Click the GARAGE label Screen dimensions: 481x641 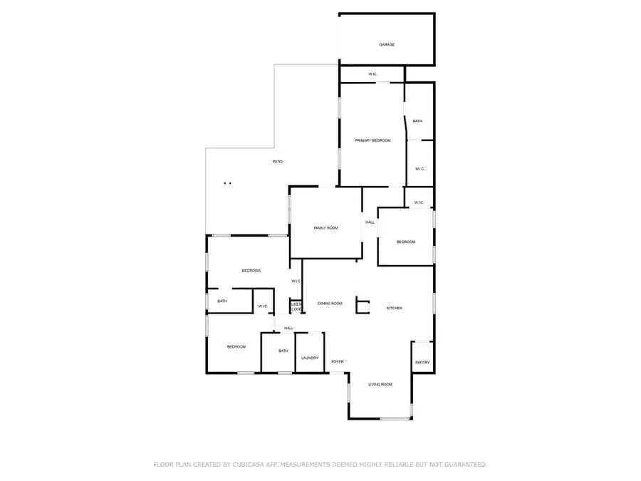pos(386,45)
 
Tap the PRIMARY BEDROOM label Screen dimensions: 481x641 pos(372,140)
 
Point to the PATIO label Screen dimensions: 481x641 pos(278,162)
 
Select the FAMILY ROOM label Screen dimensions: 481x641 pos(325,227)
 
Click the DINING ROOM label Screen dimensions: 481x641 pos(330,304)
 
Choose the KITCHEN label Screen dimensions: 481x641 pos(394,308)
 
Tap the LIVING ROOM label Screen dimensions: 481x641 pos(380,384)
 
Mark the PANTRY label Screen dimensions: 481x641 pos(422,363)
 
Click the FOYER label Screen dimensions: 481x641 pos(337,362)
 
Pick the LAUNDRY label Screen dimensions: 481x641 pos(309,358)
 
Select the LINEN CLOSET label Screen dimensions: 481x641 pos(296,306)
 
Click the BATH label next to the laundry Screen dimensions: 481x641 pos(283,351)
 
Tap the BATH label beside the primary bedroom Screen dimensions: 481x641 pos(417,121)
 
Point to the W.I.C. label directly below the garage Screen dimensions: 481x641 pos(372,74)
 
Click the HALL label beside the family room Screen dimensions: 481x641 pos(370,222)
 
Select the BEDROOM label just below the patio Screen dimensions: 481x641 pos(251,271)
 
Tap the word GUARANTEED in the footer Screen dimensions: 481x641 pos(464,465)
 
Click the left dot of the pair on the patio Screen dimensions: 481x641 pos(225,183)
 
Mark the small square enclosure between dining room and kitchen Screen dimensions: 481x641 pos(363,306)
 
